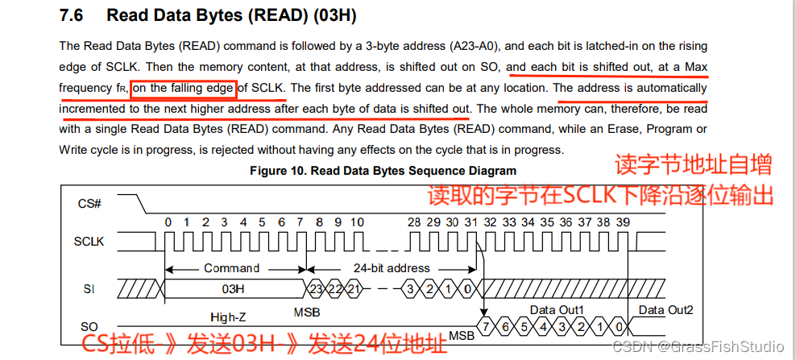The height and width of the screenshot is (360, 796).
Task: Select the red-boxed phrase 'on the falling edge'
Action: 184,87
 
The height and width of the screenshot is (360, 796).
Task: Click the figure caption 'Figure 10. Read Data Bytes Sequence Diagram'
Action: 383,171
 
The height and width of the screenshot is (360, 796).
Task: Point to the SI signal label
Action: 89,288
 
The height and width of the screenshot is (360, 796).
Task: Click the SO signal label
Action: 89,326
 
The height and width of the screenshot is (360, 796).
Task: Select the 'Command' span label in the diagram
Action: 231,267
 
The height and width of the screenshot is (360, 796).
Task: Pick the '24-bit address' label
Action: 392,267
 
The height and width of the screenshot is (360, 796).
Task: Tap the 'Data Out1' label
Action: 557,309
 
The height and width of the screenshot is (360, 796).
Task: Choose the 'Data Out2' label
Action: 665,309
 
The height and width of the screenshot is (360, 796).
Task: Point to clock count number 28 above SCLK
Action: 414,222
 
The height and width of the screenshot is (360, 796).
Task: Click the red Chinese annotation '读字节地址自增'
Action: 693,165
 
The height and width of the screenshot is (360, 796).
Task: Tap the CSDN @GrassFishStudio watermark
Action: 698,346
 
